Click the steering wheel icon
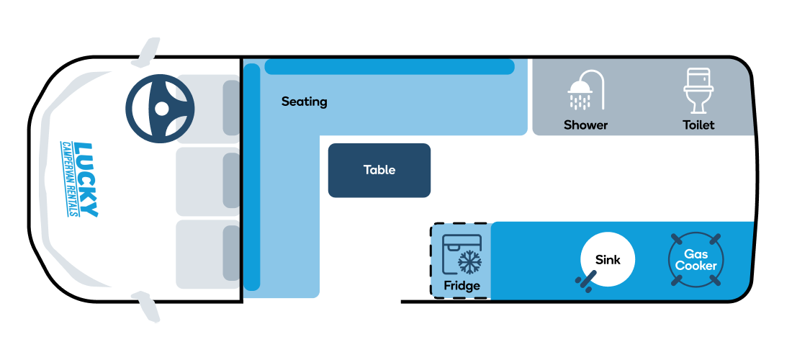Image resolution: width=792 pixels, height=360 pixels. coord(160,109)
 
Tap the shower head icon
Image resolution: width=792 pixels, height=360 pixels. coord(586,90)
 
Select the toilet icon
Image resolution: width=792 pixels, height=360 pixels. coord(698,91)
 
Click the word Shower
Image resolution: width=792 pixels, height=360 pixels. coord(586,125)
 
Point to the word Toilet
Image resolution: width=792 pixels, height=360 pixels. coord(698,125)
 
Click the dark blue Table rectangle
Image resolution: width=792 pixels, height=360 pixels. coord(379,170)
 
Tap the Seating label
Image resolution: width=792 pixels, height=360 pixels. coord(304,102)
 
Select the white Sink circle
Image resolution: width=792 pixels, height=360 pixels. coord(607,259)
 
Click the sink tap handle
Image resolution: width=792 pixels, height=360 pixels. coord(586,282)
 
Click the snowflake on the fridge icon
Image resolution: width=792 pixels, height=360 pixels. coord(469,261)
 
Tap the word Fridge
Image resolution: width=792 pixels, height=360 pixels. coord(462,287)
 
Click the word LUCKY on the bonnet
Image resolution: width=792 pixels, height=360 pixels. coord(86,180)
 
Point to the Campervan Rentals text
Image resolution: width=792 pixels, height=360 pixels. coord(68,179)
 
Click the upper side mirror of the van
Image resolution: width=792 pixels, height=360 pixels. coord(146,52)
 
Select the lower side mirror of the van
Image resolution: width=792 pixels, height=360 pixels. coord(146,307)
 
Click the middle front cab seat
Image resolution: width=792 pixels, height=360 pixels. coord(208,181)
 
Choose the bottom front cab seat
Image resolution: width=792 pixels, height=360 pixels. coord(208,254)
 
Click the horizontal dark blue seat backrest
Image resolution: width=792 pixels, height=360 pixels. coord(390,67)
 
